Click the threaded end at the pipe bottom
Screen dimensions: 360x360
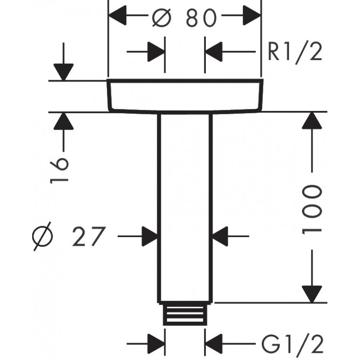tap(185, 314)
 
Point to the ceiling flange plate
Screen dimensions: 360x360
tap(185, 96)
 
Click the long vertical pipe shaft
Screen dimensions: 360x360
tap(185, 206)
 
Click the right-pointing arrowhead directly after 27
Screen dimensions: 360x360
tap(150, 236)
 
